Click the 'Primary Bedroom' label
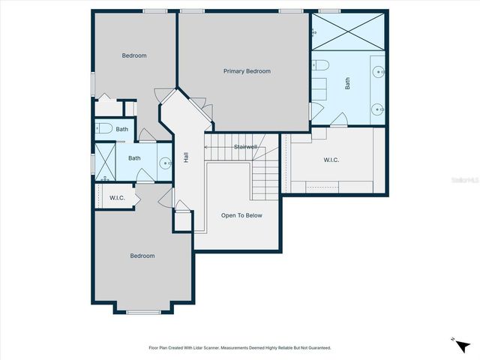click(247, 71)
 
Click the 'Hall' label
click(185, 158)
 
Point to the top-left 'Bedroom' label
click(134, 55)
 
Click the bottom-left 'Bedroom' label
click(142, 256)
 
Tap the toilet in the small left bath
click(103, 128)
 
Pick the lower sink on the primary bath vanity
click(379, 109)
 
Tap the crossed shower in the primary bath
click(348, 31)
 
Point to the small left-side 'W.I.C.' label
click(117, 198)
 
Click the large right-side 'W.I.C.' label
click(332, 159)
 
